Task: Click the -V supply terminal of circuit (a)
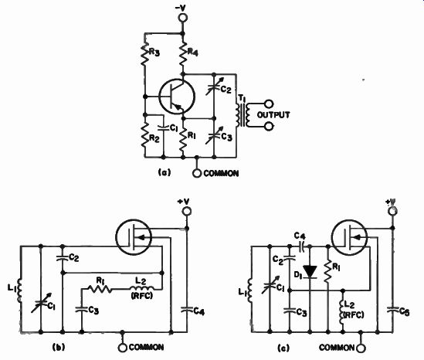click(x=183, y=18)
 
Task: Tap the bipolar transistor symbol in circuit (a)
click(x=177, y=97)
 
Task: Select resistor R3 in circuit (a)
click(x=145, y=54)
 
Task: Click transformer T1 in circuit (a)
click(x=242, y=115)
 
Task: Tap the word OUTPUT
click(x=273, y=115)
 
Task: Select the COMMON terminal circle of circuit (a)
click(x=197, y=173)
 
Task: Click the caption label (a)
click(x=165, y=172)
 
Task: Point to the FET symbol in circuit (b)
click(x=134, y=237)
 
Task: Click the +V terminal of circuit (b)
click(x=187, y=211)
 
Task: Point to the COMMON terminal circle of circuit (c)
click(x=361, y=348)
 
